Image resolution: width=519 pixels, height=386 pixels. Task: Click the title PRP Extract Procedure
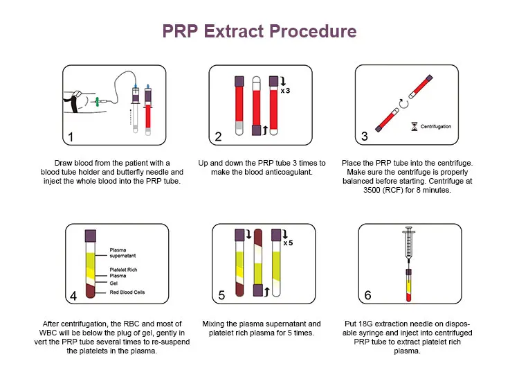259,31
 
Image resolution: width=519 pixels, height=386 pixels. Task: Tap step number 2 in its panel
219,137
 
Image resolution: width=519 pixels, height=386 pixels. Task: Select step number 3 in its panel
365,137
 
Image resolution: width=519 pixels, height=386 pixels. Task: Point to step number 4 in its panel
72,295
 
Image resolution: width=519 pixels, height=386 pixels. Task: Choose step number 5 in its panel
221,295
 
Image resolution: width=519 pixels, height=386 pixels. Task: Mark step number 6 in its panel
367,295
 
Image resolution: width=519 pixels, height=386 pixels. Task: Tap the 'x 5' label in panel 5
288,243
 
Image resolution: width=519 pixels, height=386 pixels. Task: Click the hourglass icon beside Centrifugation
414,127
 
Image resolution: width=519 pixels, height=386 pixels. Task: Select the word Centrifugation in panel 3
435,127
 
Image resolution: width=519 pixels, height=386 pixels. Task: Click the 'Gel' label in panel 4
113,283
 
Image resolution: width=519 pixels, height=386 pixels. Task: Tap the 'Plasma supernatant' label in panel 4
123,253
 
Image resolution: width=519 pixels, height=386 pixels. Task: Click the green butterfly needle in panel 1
100,101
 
